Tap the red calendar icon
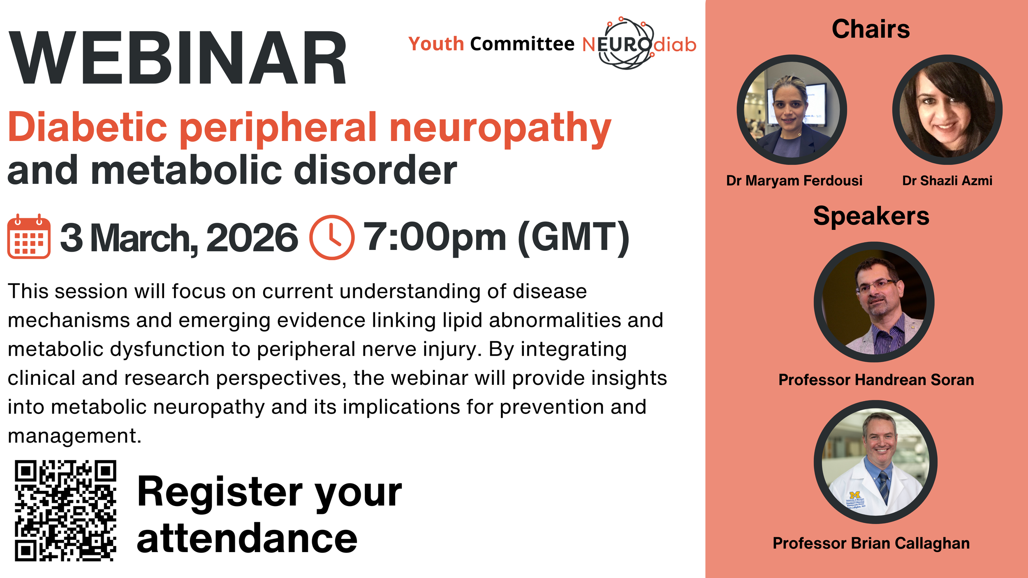[29, 236]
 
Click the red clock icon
[331, 237]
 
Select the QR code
[66, 510]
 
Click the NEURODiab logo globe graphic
[625, 43]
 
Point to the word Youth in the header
[436, 44]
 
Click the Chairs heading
[871, 29]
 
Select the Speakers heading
[871, 216]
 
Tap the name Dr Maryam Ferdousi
[794, 180]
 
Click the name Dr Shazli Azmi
[947, 180]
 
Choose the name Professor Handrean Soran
[876, 380]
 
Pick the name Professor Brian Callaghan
[871, 543]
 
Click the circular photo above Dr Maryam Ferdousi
[792, 110]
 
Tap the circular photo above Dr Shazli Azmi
[947, 110]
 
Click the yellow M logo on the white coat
[854, 495]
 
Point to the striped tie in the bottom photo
[883, 487]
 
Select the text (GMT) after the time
[573, 237]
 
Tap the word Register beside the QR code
[220, 492]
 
